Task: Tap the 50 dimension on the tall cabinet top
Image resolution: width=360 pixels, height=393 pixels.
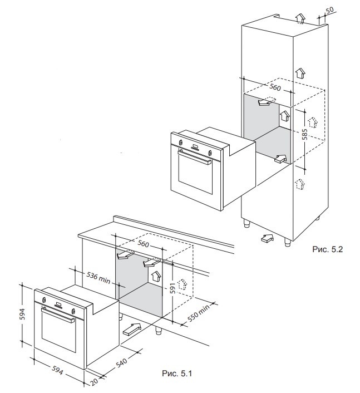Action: [329, 10]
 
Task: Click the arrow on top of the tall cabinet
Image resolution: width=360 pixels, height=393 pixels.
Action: [300, 18]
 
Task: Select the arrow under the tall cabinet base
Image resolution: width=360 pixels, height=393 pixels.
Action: [268, 239]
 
